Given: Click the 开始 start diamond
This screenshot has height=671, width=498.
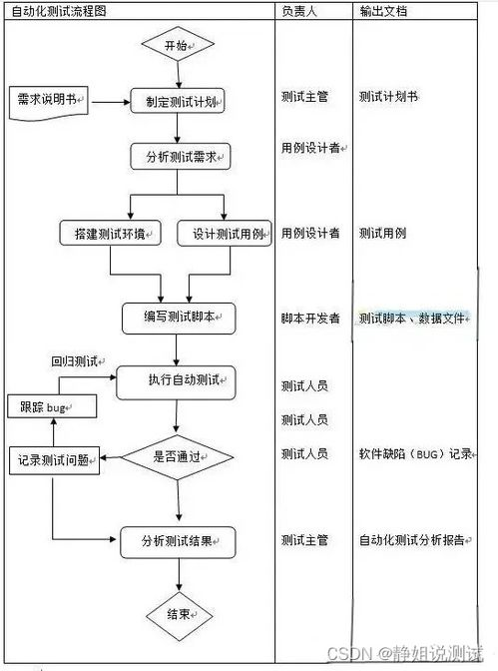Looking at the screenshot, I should point(177,45).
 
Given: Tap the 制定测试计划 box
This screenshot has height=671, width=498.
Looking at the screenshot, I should point(179,100).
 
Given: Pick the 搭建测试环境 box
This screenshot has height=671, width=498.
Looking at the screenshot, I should point(111,234).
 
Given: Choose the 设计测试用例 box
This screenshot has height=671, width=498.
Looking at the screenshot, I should point(226,234).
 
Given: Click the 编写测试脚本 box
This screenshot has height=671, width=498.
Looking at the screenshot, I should point(179,318).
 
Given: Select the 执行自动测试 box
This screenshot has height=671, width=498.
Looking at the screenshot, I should point(179,379).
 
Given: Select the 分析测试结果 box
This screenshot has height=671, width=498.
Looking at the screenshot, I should point(179,541).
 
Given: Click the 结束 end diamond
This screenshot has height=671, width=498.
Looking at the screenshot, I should point(178,614).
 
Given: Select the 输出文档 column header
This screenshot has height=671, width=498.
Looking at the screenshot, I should point(383,11).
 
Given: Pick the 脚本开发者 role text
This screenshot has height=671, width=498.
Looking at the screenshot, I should point(309,318).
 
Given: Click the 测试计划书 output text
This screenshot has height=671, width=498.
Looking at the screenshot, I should point(388,97).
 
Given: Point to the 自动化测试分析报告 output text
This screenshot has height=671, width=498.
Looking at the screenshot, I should point(411,540).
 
